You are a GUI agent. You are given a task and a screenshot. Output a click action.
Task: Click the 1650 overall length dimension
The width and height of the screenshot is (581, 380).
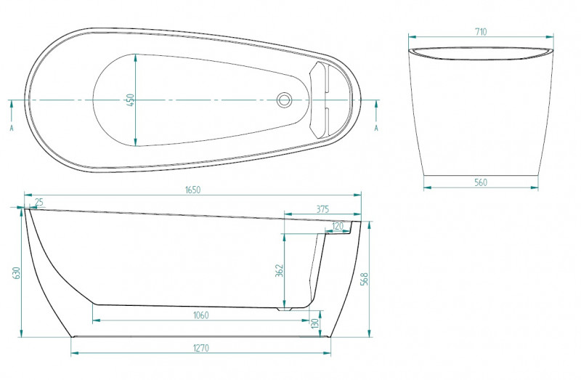pos(192,190)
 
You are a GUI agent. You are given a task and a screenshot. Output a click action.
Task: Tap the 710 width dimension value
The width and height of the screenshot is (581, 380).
pos(481,32)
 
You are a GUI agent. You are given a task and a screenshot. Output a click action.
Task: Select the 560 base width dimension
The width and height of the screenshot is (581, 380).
pos(481,182)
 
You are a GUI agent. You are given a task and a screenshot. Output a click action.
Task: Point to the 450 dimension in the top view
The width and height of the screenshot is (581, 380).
pos(130,100)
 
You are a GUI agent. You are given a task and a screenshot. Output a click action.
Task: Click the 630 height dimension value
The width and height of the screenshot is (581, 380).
pos(16,273)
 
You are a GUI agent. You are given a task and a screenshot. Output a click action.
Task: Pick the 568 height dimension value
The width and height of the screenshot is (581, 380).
pos(365,279)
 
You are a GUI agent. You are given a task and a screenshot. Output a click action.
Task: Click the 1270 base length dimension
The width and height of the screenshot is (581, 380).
pos(201,348)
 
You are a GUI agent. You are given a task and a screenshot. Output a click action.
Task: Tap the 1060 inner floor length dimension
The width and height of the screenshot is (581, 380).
pos(201,315)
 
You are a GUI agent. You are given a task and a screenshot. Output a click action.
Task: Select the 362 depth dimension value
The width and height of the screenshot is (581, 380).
pos(280,270)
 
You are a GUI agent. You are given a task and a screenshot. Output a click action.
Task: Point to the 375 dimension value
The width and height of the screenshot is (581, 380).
pos(322,209)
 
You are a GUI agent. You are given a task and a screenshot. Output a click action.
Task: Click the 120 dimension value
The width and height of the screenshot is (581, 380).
pos(337,226)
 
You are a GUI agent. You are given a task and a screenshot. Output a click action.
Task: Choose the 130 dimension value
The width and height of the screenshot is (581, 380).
pos(314,323)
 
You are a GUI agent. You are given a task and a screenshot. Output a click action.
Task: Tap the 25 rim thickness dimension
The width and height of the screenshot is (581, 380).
pos(39,202)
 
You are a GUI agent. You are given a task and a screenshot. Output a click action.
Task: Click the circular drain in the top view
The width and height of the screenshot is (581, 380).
pos(285,100)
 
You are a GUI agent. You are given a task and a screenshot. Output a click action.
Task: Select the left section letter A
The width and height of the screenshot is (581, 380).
pos(12,129)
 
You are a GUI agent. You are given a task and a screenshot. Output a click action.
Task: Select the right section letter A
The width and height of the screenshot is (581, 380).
pos(376,128)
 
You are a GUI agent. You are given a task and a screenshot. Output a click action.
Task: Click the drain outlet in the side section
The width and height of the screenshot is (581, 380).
pos(285,309)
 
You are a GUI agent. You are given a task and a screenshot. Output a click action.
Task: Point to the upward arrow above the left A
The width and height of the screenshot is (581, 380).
pos(12,110)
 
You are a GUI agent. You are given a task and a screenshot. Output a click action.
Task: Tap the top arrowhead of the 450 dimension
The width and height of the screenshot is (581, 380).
pos(135,57)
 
